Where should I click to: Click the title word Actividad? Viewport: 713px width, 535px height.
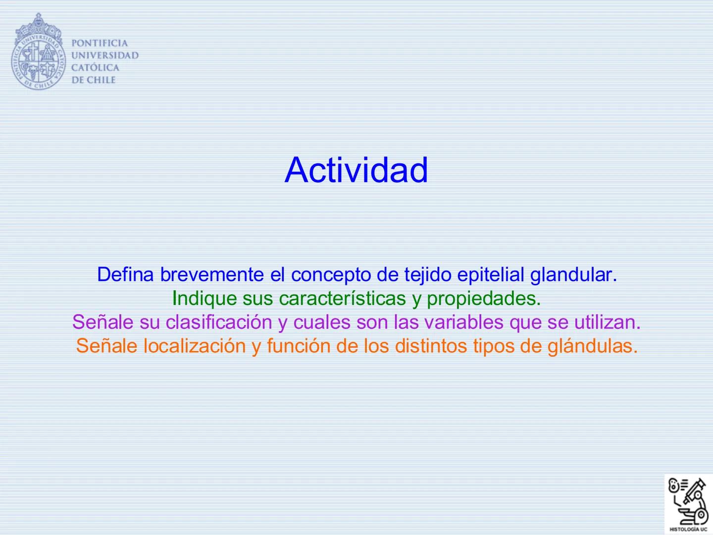(x=356, y=170)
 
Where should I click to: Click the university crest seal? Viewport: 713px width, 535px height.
(x=38, y=53)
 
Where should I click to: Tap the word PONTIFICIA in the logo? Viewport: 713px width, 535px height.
(x=100, y=43)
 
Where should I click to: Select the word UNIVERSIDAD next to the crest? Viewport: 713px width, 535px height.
(x=105, y=55)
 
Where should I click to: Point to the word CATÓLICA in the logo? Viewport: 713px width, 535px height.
(x=96, y=68)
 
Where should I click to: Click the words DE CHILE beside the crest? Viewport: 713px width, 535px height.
(x=94, y=80)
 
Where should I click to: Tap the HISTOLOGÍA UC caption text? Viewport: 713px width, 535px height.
(x=688, y=529)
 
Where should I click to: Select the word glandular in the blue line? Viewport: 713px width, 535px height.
(x=573, y=274)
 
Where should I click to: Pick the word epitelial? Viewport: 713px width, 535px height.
(x=491, y=274)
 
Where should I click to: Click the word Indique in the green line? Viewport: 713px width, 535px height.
(x=204, y=298)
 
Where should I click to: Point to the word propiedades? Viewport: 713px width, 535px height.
(x=483, y=298)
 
